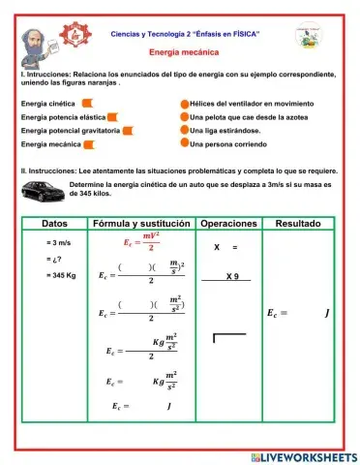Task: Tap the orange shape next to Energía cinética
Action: point(87,101)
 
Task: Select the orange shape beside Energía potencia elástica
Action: point(111,115)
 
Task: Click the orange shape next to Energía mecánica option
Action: point(90,143)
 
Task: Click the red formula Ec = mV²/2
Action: point(141,242)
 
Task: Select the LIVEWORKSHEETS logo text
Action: point(303,455)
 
